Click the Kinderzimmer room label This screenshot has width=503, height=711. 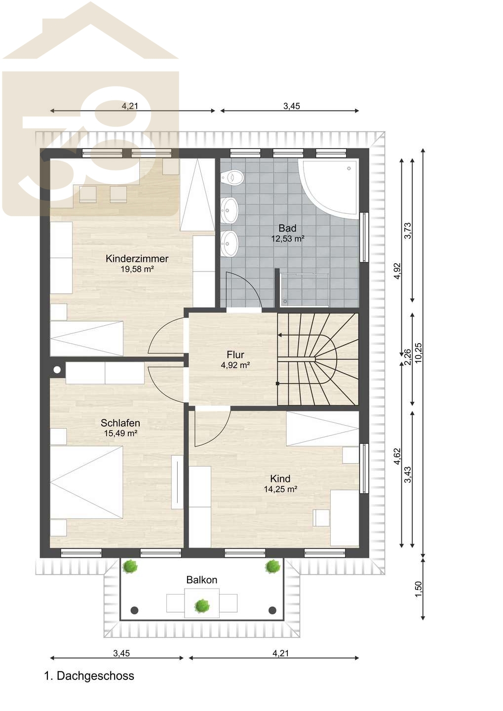[137, 258]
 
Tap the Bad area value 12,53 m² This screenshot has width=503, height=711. [287, 238]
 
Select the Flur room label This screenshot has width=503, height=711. [235, 355]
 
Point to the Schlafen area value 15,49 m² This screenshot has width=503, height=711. [120, 433]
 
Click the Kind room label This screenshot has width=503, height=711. [280, 478]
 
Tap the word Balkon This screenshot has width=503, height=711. [202, 580]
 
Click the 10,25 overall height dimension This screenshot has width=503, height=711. [418, 353]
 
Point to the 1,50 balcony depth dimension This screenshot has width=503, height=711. [418, 589]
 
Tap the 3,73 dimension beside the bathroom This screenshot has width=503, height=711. [408, 231]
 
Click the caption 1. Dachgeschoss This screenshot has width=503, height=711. [89, 676]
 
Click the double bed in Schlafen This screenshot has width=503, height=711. [86, 482]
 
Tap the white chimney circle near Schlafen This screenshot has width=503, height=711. [57, 369]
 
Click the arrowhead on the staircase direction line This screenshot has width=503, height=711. [279, 335]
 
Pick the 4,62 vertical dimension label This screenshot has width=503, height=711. [397, 456]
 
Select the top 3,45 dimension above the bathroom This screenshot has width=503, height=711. [292, 106]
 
